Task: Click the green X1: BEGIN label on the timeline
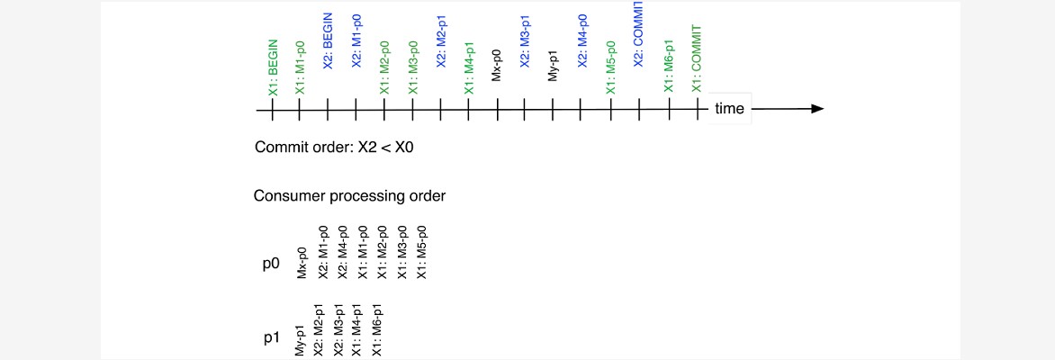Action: [273, 67]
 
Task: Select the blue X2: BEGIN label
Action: [329, 40]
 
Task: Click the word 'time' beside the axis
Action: [729, 109]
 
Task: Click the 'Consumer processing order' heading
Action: [349, 196]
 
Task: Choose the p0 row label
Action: [271, 265]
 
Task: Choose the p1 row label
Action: [271, 338]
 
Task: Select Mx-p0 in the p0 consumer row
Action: [302, 264]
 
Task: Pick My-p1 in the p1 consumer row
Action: [300, 339]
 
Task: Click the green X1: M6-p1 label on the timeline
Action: [668, 65]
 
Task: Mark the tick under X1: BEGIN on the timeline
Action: [271, 109]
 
